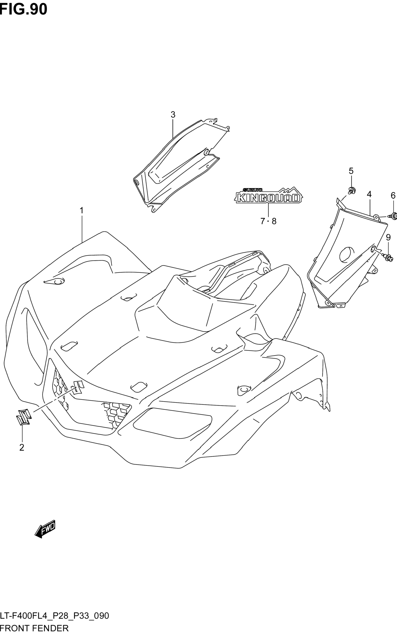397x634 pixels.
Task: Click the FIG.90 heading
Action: point(24,9)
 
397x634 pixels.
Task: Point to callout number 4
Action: point(369,194)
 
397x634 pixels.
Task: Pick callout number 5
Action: point(351,171)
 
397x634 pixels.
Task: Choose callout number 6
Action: point(393,196)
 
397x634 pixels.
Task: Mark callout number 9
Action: point(388,237)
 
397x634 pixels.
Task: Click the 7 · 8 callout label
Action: point(268,221)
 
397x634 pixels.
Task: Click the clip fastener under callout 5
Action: point(351,190)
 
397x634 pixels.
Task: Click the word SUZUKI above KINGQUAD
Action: point(252,190)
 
